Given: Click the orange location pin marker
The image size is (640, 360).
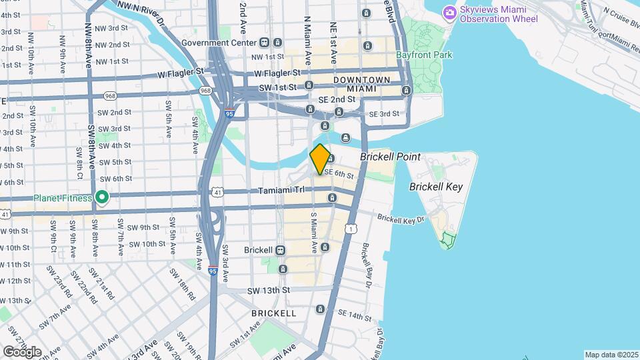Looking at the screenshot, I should pyautogui.click(x=320, y=159).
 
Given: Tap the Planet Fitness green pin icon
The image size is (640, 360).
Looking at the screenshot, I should pyautogui.click(x=101, y=197).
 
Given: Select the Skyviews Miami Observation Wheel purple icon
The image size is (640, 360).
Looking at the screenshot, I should pyautogui.click(x=451, y=12).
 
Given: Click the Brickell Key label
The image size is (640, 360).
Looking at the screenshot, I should pyautogui.click(x=435, y=187).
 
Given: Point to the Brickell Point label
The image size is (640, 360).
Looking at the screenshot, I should pyautogui.click(x=390, y=157).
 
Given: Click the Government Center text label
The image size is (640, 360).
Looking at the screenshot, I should pyautogui.click(x=219, y=43).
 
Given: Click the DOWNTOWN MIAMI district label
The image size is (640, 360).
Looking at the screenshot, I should pyautogui.click(x=362, y=84).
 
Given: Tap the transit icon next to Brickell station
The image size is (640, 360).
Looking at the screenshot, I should pyautogui.click(x=281, y=250).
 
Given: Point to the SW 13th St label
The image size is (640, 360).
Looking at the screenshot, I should pyautogui.click(x=269, y=291).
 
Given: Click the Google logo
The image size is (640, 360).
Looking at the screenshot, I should pyautogui.click(x=21, y=351).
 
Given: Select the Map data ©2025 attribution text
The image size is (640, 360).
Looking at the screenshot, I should pyautogui.click(x=611, y=355).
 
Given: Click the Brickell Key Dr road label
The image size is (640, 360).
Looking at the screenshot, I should pyautogui.click(x=401, y=219).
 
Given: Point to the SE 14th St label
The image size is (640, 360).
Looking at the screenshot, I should pyautogui.click(x=354, y=313).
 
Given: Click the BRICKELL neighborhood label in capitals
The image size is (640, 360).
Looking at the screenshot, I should pyautogui.click(x=273, y=313).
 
